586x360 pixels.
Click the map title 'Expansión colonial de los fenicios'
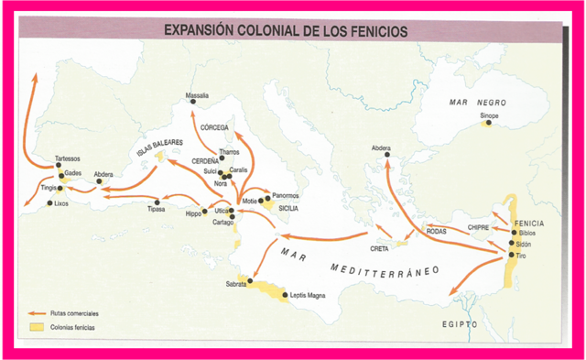coord(286,29)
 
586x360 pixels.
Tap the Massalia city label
coord(198,95)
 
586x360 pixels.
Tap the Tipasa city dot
coord(158,202)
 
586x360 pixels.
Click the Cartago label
coord(223,223)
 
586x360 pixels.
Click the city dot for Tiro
coord(511,255)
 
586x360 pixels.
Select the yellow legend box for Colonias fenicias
coord(38,326)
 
